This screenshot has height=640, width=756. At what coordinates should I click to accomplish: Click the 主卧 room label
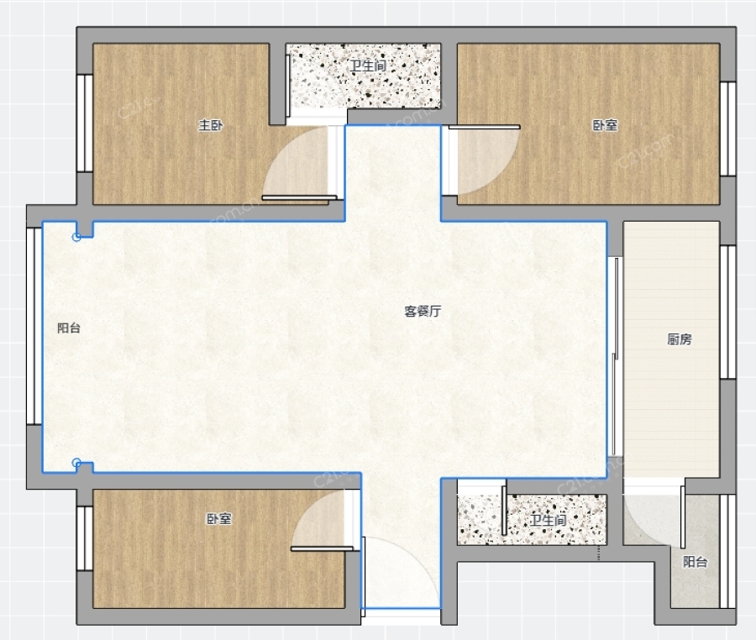pos(211,125)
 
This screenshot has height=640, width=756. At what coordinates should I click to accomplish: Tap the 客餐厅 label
pos(423,312)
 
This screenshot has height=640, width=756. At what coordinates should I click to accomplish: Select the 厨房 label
pos(680,339)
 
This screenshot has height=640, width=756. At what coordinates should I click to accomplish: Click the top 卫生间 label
pos(368,66)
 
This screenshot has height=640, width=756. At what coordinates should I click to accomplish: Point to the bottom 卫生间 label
pos(548,520)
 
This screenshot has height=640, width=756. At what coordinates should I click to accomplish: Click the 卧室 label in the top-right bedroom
pos(605,125)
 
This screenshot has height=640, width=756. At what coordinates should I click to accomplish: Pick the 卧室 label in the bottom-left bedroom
pos(219,518)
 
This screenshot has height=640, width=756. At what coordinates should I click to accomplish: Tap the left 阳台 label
pos(69,328)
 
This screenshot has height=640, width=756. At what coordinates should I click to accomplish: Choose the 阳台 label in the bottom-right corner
pos(695,562)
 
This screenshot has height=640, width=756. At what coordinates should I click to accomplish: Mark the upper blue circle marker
pos(76,237)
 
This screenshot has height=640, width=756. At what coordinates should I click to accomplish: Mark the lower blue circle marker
pos(76,463)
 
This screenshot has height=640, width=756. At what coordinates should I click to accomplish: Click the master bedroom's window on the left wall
pos(85,123)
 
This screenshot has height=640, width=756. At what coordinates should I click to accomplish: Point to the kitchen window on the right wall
pos(728,312)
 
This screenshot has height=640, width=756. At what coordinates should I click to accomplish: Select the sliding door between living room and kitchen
pos(615,356)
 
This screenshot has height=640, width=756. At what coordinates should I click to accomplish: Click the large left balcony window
pos(34,326)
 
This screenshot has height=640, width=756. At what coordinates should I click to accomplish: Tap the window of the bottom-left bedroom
pos(85,538)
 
